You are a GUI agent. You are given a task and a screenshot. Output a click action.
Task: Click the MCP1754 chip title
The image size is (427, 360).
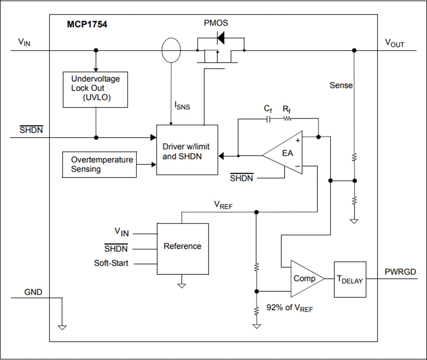coord(87,25)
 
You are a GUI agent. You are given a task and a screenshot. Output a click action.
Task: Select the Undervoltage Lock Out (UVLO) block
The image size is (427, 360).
coord(95,89)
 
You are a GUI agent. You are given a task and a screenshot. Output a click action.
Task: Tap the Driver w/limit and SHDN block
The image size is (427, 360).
coord(187,150)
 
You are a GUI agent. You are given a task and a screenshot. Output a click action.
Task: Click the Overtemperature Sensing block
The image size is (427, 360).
coord(100,165)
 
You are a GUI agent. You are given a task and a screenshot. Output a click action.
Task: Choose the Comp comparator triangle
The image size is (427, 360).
coord(306,279)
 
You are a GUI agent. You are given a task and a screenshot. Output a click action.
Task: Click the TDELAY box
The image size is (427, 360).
coord(350,279)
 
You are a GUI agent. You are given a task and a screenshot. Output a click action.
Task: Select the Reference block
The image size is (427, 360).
coord(183,248)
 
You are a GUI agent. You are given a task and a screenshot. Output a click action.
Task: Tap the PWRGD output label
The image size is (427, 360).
coord(400,272)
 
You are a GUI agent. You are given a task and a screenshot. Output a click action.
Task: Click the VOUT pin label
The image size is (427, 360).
coord(395,43)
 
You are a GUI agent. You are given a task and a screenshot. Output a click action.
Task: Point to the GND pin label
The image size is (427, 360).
coord(33,292)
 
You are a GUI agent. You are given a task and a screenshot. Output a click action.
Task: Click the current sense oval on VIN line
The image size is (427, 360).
coord(171,50)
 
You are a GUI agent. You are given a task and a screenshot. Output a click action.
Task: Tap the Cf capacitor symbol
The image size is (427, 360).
coord(268,119)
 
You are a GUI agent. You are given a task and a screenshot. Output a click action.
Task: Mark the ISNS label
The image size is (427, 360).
coord(182,105)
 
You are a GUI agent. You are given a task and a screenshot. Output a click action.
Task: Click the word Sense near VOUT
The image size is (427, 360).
coord(341,85)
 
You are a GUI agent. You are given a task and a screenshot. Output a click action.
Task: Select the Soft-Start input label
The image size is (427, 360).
coord(111,263)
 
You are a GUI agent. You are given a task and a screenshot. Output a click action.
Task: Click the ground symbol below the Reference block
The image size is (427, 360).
coord(181,284)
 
